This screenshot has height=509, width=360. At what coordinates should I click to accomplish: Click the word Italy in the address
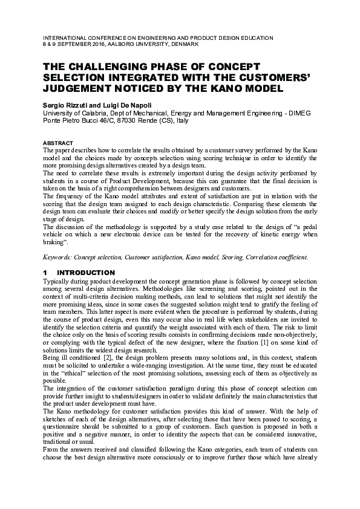(x=182, y=120)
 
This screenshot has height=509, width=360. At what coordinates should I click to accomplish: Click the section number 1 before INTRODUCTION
(x=45, y=273)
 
